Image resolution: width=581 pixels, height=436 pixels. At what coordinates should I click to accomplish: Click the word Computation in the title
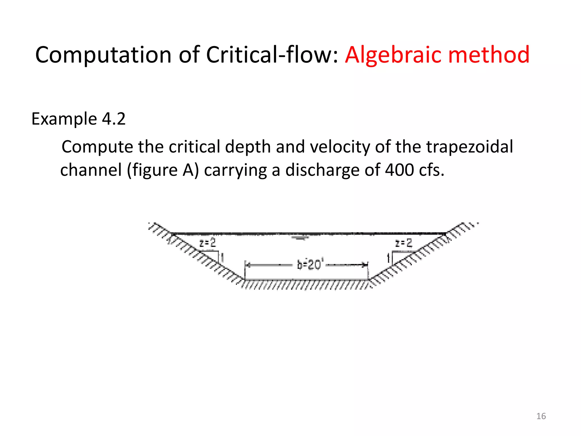(104, 55)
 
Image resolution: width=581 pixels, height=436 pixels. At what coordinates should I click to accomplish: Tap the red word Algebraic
(393, 55)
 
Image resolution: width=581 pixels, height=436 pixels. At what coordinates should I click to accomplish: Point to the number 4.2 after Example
(113, 119)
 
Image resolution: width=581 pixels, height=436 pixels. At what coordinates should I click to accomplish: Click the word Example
(64, 119)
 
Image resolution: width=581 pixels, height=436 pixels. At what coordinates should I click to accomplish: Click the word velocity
(340, 147)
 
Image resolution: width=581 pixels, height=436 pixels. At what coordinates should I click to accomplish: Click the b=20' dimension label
(309, 265)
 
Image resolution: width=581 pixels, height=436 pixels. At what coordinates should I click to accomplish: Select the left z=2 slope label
(207, 243)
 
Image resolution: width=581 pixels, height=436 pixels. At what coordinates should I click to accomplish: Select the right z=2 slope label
(403, 243)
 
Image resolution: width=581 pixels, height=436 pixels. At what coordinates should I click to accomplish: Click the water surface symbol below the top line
(301, 238)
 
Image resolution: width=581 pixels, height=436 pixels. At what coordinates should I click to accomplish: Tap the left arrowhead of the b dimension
(247, 265)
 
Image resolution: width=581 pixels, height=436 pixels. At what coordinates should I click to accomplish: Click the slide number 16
(541, 416)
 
